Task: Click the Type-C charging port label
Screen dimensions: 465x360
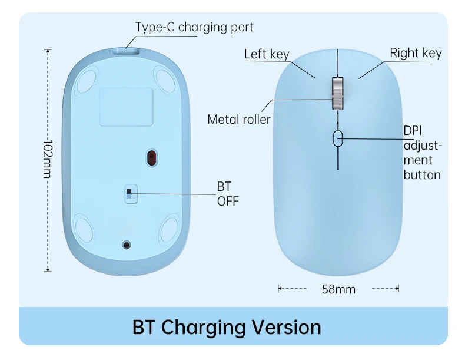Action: pyautogui.click(x=194, y=27)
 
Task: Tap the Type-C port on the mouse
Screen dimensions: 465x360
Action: pyautogui.click(x=126, y=51)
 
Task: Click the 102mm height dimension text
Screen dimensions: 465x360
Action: pyautogui.click(x=48, y=158)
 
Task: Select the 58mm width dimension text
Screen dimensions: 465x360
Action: pyautogui.click(x=338, y=289)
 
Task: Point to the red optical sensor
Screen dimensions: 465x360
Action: pyautogui.click(x=151, y=157)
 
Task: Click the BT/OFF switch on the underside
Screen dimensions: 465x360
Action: pyautogui.click(x=131, y=194)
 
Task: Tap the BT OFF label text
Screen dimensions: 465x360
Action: pyautogui.click(x=228, y=194)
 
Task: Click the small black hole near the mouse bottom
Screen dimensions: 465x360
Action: pyautogui.click(x=127, y=245)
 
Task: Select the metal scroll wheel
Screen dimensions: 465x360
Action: pyautogui.click(x=337, y=94)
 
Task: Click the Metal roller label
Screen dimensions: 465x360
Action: pyautogui.click(x=239, y=120)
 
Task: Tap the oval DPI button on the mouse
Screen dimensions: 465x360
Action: pyautogui.click(x=338, y=138)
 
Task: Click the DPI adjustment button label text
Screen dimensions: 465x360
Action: pyautogui.click(x=422, y=153)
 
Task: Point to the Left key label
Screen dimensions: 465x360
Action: pyautogui.click(x=267, y=54)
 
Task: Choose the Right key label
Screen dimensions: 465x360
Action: pyautogui.click(x=416, y=53)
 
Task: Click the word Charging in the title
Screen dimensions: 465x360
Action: pyautogui.click(x=203, y=328)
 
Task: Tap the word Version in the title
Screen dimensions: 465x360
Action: pyautogui.click(x=287, y=328)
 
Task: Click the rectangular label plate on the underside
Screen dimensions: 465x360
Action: pyautogui.click(x=126, y=107)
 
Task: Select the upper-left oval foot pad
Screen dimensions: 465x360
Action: pyautogui.click(x=86, y=80)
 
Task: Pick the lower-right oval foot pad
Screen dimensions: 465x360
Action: pyautogui.click(x=170, y=229)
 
